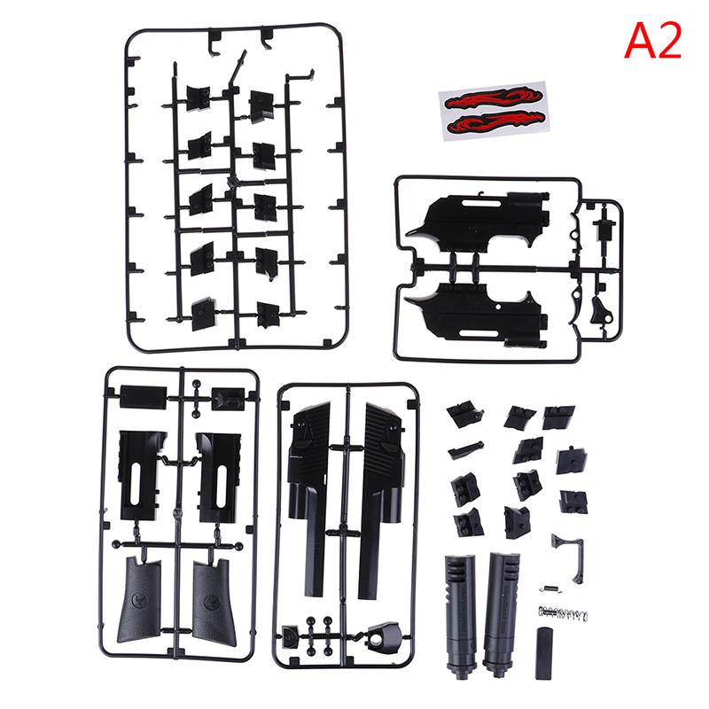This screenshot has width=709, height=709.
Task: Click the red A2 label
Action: click(652, 41)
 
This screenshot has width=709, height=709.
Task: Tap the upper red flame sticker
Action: click(494, 98)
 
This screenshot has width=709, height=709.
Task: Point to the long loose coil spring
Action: click(563, 613)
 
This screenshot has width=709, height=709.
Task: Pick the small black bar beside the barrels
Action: click(544, 653)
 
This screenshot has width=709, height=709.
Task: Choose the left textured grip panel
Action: click(139, 600)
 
